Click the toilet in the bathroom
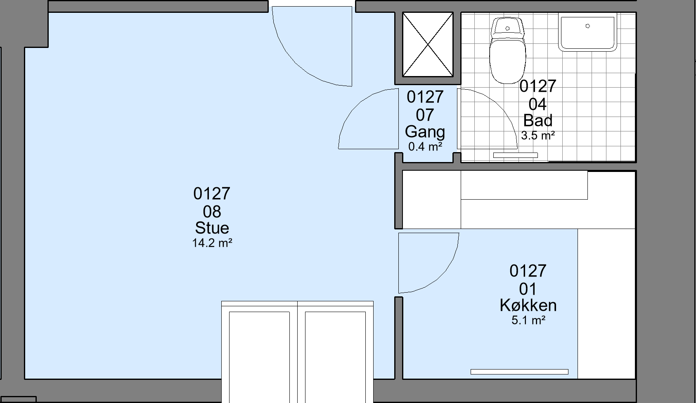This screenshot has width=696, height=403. (508, 50)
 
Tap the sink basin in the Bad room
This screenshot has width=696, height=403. (587, 32)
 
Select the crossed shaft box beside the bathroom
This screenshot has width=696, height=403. (428, 45)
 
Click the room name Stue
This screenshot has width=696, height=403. (212, 228)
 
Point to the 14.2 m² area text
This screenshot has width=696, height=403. (212, 243)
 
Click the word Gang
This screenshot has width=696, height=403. (425, 132)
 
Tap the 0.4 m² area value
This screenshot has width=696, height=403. (425, 146)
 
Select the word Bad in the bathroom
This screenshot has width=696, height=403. (538, 120)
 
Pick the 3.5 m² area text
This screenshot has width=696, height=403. (538, 136)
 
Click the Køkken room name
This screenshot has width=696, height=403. (528, 305)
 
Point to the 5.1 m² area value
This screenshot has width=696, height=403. (528, 320)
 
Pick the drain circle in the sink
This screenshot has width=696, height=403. (587, 26)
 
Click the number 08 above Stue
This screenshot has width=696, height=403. (212, 212)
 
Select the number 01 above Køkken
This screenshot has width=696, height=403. (528, 289)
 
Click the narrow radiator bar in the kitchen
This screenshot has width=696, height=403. (519, 372)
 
